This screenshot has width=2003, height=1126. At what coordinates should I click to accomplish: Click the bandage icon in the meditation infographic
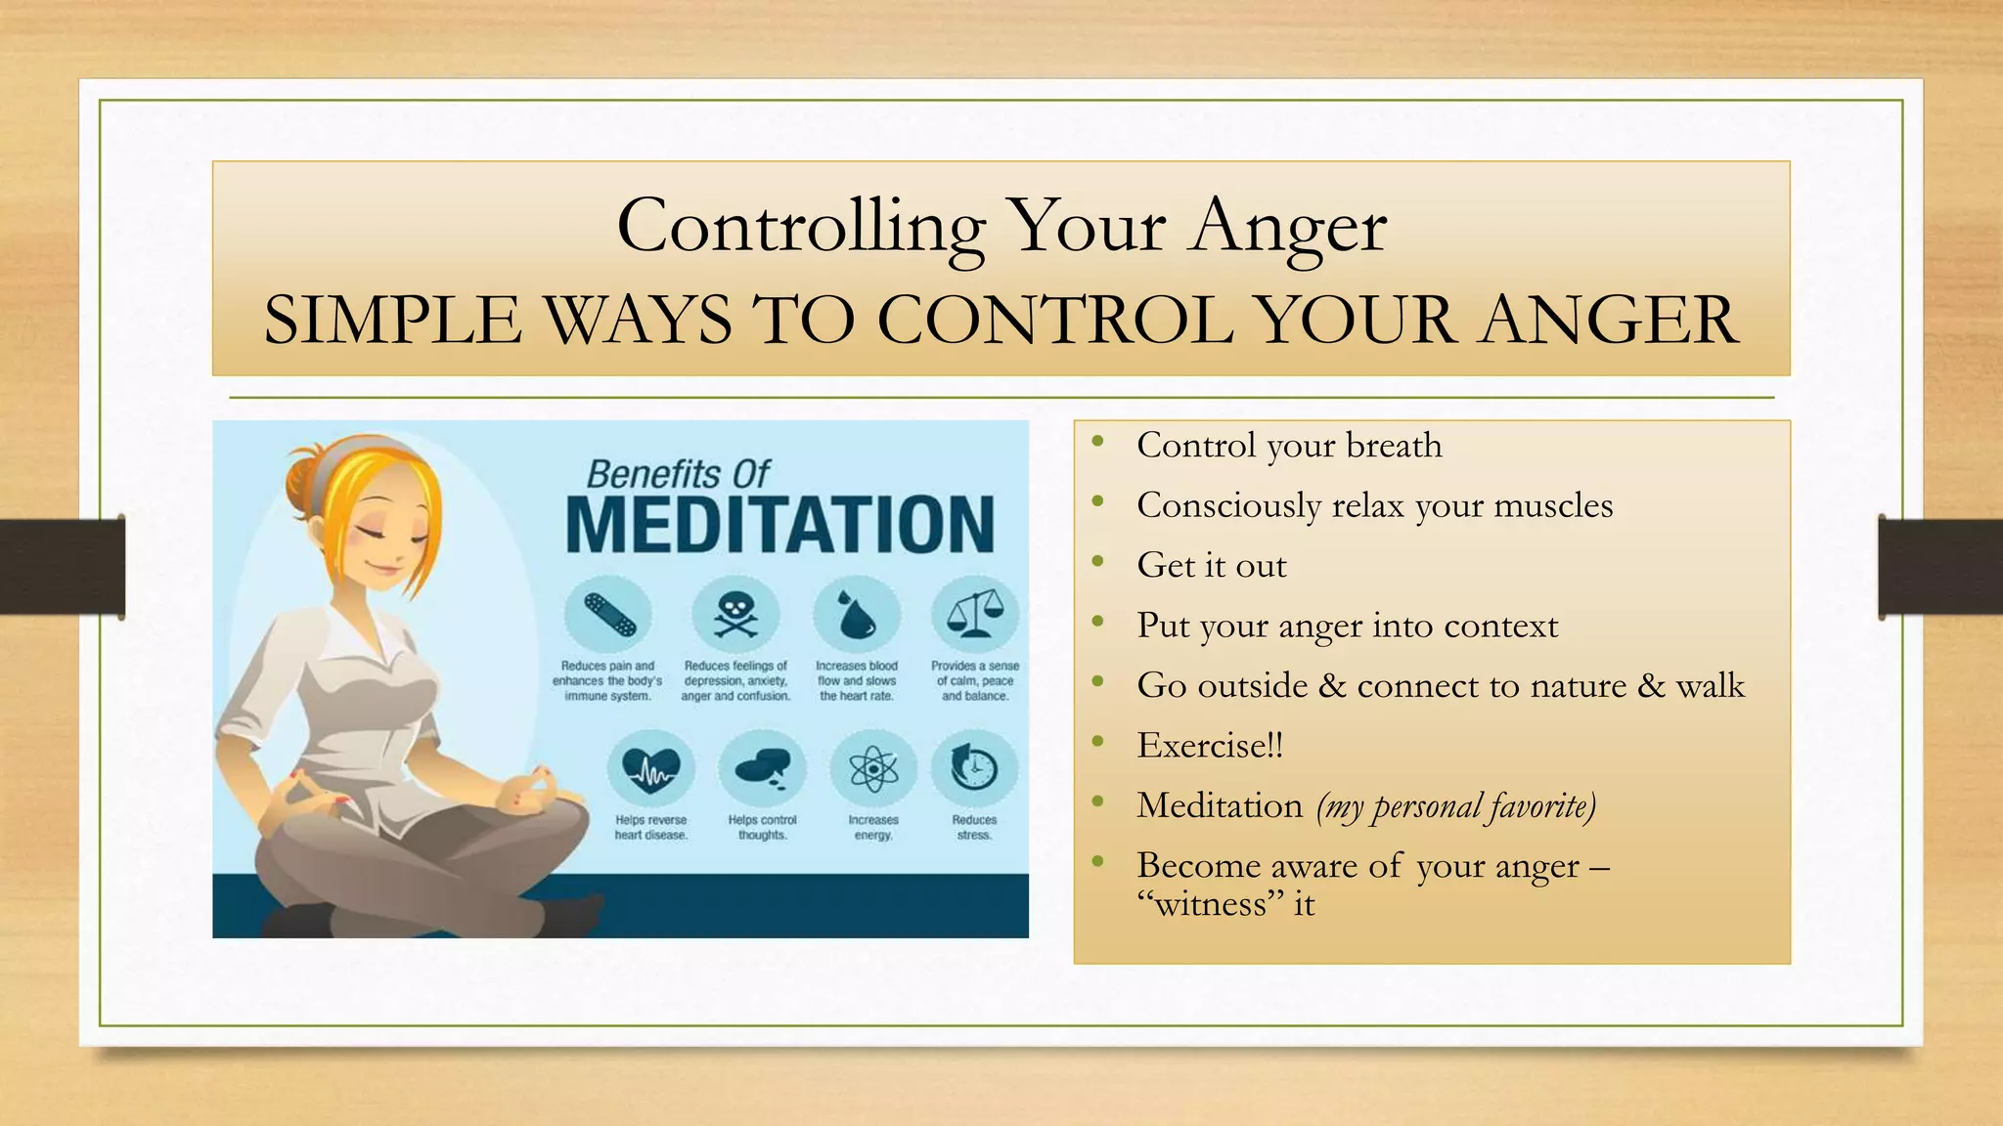[x=608, y=615]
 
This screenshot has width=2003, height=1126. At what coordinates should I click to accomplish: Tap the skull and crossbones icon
[x=735, y=615]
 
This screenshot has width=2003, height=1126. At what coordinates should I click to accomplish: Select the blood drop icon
[x=857, y=615]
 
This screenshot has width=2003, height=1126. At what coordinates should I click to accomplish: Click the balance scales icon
[x=974, y=615]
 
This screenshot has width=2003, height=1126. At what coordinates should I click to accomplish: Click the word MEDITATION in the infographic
[x=779, y=525]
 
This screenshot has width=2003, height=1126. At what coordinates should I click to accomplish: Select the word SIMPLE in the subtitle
[x=392, y=321]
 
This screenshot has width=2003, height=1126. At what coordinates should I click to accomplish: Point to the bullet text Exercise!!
[x=1210, y=746]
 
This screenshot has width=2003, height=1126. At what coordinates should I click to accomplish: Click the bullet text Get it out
[x=1212, y=566]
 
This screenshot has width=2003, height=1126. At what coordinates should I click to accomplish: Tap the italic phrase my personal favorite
[x=1456, y=807]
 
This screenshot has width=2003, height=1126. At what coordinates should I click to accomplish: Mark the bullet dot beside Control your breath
[x=1098, y=443]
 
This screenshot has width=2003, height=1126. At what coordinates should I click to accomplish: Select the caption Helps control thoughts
[x=762, y=827]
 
